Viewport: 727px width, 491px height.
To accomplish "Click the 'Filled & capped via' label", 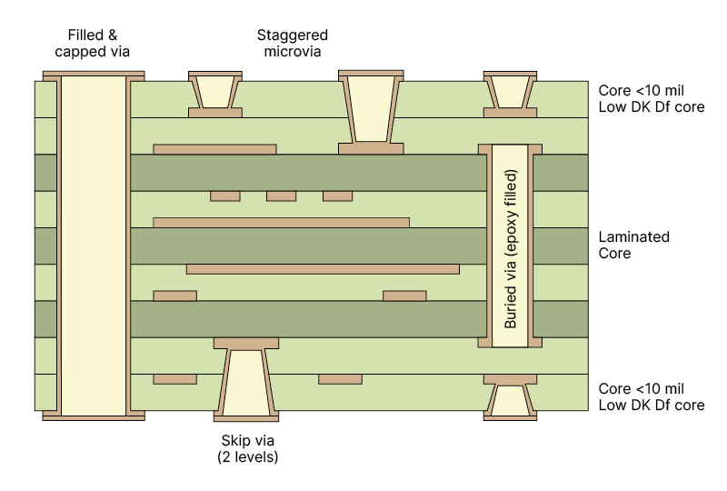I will point(93,43).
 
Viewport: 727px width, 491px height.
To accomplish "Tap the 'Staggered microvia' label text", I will point(292,43).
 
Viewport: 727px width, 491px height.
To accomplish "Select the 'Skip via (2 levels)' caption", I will point(247,448).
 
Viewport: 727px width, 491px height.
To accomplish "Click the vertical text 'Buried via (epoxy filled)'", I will point(510,247).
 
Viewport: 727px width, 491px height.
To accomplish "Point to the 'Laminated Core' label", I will point(633,245).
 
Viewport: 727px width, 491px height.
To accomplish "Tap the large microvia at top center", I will point(371,107).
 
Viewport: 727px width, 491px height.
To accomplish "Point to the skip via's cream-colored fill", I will point(246,382).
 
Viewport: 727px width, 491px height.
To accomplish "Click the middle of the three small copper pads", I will point(281,195).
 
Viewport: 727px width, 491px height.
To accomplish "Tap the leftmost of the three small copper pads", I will point(224,195).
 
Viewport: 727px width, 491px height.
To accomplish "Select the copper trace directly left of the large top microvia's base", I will point(214,148).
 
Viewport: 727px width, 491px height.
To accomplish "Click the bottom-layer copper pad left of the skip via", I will point(174,378).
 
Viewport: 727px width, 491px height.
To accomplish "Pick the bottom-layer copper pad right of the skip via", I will point(340,378).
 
